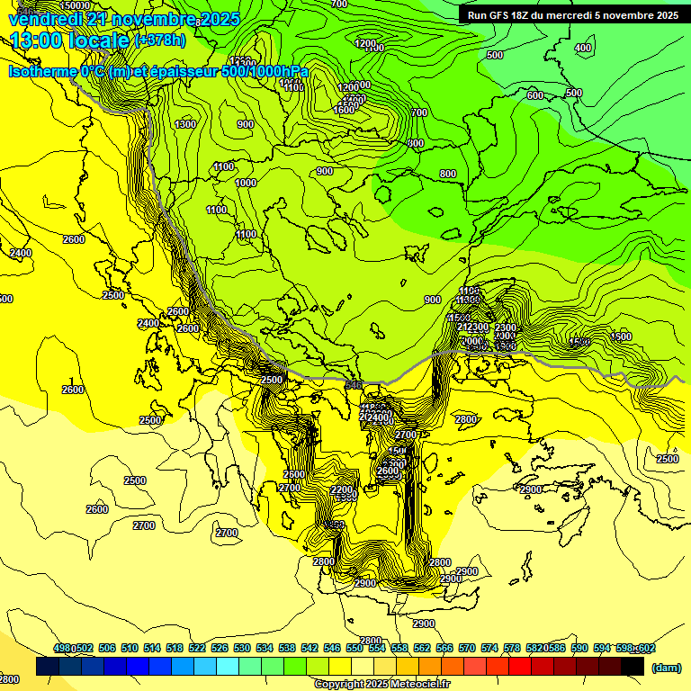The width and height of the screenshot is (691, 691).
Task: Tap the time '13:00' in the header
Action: pyautogui.click(x=35, y=40)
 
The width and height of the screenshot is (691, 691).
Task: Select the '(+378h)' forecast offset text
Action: pyautogui.click(x=159, y=40)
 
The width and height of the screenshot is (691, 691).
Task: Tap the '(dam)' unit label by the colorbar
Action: pyautogui.click(x=666, y=667)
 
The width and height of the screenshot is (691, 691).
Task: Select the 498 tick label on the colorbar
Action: pyautogui.click(x=63, y=649)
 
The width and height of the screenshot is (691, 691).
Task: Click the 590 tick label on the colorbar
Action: pyautogui.click(x=579, y=649)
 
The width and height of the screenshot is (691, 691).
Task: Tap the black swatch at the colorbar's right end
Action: pyautogui.click(x=633, y=667)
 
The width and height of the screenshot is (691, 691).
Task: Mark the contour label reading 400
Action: pyautogui.click(x=583, y=48)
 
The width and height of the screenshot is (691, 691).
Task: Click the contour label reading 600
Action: pyautogui.click(x=534, y=95)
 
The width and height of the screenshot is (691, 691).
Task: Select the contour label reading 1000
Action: pyautogui.click(x=245, y=183)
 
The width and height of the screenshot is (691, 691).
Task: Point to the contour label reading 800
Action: pyautogui.click(x=447, y=174)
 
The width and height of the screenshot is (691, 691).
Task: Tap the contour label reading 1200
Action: pyautogui.click(x=364, y=43)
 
